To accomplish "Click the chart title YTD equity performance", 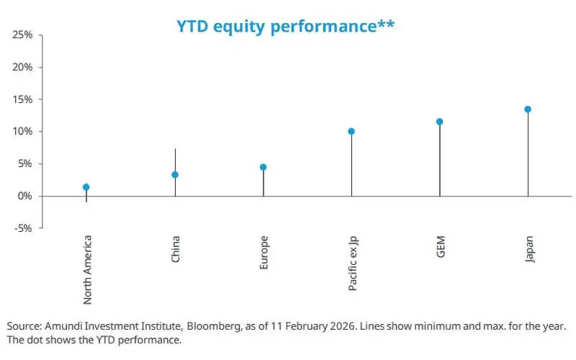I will click(x=285, y=27).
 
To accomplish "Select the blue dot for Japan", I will click(x=528, y=109).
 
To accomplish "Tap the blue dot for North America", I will click(x=86, y=187).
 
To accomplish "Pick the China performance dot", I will click(x=175, y=175).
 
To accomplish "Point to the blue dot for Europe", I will click(x=264, y=167).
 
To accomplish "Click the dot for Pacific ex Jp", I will click(x=351, y=132).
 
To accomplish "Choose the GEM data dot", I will click(x=440, y=122).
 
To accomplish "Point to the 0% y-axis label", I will click(x=26, y=196).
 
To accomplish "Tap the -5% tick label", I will click(x=24, y=228).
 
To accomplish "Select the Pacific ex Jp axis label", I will click(x=352, y=263).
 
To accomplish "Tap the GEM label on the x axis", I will click(x=440, y=248).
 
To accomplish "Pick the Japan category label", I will click(x=529, y=249).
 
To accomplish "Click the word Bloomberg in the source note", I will click(x=253, y=325).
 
